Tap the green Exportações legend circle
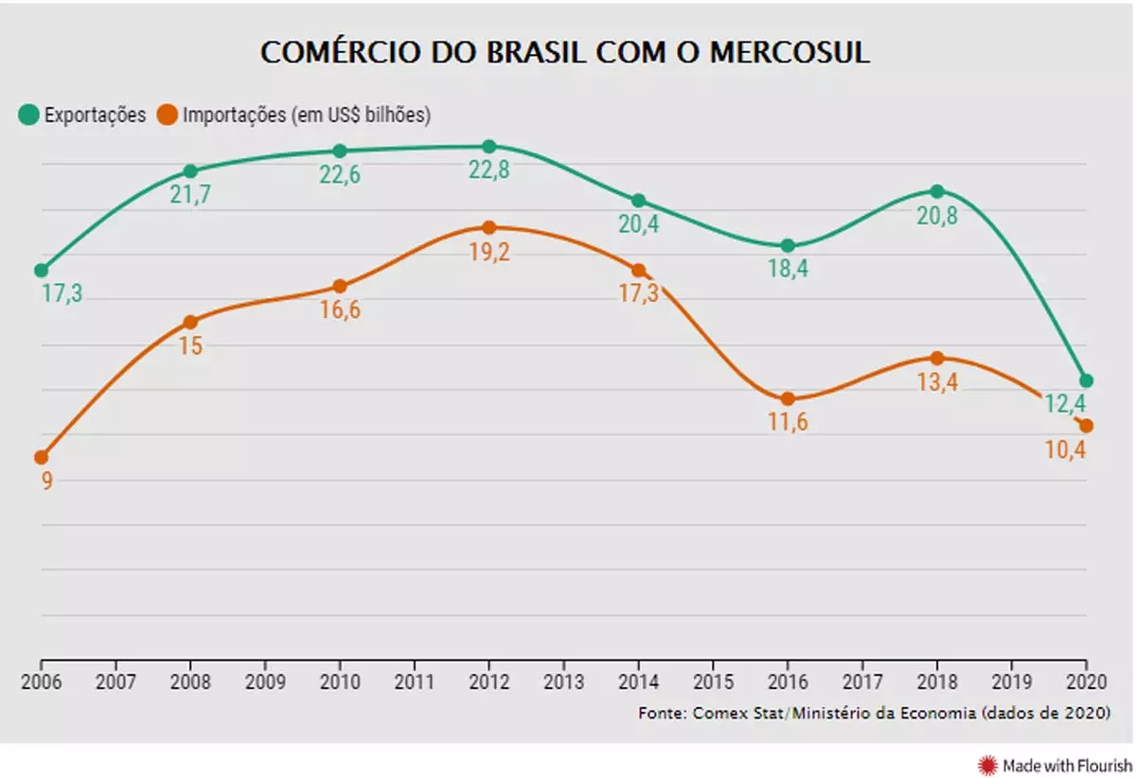pyautogui.click(x=28, y=115)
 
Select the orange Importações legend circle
pyautogui.click(x=167, y=115)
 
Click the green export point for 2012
pyautogui.click(x=488, y=147)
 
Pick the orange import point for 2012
pyautogui.click(x=488, y=228)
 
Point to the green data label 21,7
pyautogui.click(x=189, y=194)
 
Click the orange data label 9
pyautogui.click(x=46, y=480)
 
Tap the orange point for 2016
pyautogui.click(x=788, y=399)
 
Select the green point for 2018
pyautogui.click(x=937, y=191)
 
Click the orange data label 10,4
pyautogui.click(x=1066, y=450)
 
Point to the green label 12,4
pyautogui.click(x=1066, y=404)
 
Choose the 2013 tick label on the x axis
pyautogui.click(x=563, y=682)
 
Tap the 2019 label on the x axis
pyautogui.click(x=1011, y=682)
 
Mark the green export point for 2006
pyautogui.click(x=41, y=270)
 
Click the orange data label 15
pyautogui.click(x=190, y=345)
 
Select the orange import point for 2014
pyautogui.click(x=638, y=271)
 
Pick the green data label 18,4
pyautogui.click(x=788, y=270)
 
